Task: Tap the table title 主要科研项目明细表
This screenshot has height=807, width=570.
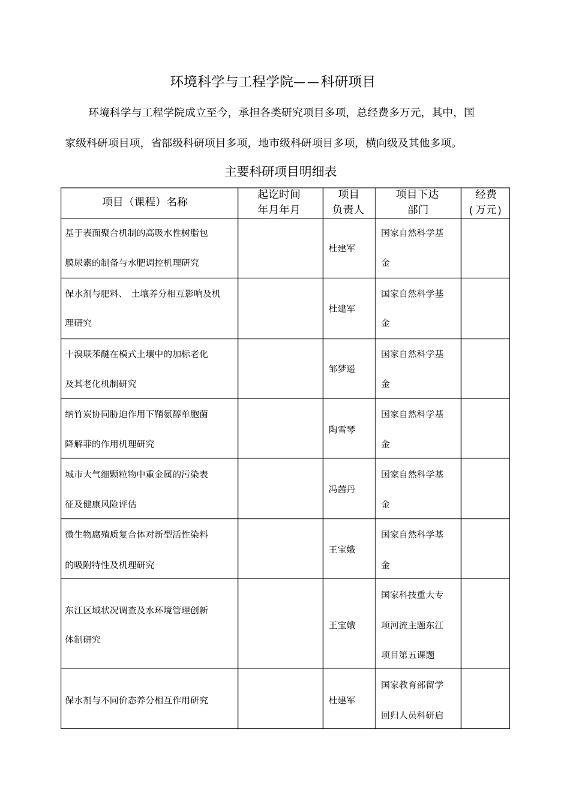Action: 281,172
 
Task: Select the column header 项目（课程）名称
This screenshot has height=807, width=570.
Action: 145,202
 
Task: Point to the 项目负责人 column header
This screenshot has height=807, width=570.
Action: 348,202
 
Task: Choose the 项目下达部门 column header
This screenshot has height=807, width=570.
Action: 417,202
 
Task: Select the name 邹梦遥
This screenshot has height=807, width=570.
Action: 342,369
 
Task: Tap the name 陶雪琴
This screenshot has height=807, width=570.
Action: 342,430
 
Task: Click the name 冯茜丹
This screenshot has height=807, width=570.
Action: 342,490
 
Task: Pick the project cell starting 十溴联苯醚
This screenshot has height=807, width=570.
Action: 137,368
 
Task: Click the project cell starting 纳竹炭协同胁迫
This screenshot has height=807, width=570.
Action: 137,429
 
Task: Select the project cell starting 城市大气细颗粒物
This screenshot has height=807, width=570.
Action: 137,489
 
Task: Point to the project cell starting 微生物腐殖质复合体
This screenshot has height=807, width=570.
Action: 137,550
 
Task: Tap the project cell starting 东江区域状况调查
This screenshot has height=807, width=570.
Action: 137,625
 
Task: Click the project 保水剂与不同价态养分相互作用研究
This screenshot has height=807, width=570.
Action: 137,700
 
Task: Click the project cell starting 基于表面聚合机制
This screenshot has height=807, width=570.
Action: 137,248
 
